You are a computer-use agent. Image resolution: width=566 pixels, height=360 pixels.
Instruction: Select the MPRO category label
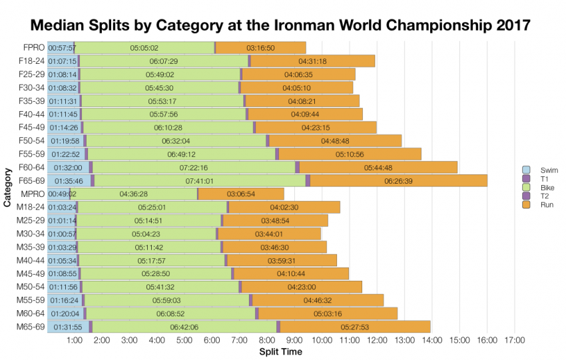33,194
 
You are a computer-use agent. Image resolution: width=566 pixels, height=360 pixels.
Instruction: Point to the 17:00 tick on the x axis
514,341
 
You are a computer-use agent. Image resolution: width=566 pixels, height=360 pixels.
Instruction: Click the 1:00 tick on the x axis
75,341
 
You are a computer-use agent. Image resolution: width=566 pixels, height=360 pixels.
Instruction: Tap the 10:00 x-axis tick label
322,341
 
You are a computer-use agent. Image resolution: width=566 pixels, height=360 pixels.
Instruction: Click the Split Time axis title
280,351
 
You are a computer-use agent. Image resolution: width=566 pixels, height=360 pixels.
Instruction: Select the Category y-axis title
7,187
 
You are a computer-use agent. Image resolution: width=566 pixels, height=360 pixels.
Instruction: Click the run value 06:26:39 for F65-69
399,180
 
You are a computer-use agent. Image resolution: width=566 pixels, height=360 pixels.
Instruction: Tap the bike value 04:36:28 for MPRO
133,194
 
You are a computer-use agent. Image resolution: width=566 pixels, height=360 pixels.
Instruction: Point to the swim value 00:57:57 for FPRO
62,48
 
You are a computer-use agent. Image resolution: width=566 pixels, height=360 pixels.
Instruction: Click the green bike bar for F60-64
194,167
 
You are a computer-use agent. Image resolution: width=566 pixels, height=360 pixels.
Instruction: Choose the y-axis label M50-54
31,286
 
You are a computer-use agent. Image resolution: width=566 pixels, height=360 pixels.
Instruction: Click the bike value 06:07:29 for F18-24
164,61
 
